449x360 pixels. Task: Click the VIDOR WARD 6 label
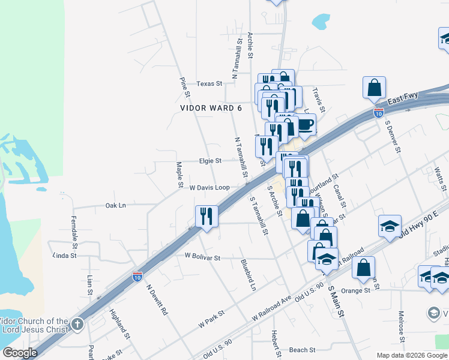tap(211, 108)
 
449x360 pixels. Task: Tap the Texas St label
tap(209, 84)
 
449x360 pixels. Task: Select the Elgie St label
tap(210, 161)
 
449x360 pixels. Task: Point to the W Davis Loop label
tap(209, 188)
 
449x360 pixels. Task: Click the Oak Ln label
tap(115, 206)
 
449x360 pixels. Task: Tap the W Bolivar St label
tap(202, 257)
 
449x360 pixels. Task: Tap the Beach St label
tap(302, 350)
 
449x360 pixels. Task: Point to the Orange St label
tap(356, 290)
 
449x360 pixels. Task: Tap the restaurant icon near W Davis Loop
tap(206, 216)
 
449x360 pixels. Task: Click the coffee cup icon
tap(305, 125)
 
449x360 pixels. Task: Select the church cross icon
tap(77, 325)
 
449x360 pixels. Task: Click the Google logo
tap(20, 353)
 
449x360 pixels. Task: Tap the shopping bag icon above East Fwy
tap(374, 88)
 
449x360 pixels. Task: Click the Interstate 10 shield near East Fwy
tap(378, 112)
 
